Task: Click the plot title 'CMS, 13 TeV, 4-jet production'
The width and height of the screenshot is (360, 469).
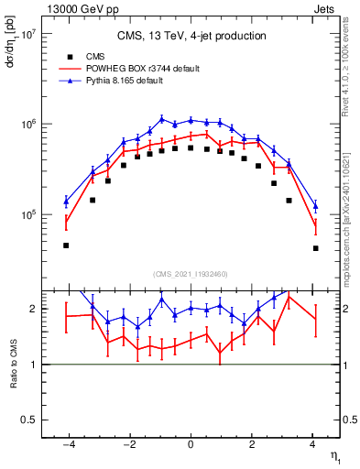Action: (x=191, y=37)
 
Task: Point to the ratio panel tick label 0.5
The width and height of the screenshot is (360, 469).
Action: (x=27, y=420)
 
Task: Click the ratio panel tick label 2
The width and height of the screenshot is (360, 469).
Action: (x=32, y=309)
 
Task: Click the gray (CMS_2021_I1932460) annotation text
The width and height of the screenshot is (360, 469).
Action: (x=191, y=273)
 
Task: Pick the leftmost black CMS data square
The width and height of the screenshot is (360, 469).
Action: (x=66, y=245)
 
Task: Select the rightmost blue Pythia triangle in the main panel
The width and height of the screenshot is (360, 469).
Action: (x=315, y=206)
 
